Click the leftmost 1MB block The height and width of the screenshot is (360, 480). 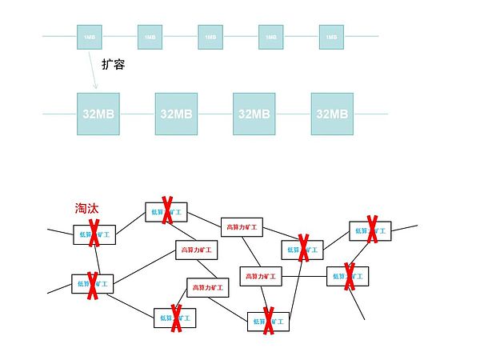[x=89, y=36]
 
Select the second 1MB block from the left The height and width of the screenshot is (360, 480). [x=150, y=36]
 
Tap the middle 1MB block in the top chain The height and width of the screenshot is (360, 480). [x=210, y=36]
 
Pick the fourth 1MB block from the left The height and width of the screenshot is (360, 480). [x=270, y=36]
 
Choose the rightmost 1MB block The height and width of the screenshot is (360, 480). [x=331, y=36]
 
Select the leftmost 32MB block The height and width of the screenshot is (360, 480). [x=98, y=114]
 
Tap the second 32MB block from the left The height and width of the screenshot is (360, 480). [x=176, y=114]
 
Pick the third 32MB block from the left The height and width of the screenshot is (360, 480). [x=254, y=114]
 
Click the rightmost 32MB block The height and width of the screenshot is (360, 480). [x=332, y=114]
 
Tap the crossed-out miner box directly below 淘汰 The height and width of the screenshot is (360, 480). [x=94, y=234]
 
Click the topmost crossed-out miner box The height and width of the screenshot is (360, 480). [x=166, y=212]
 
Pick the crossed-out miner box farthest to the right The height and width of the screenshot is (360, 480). [x=370, y=231]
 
